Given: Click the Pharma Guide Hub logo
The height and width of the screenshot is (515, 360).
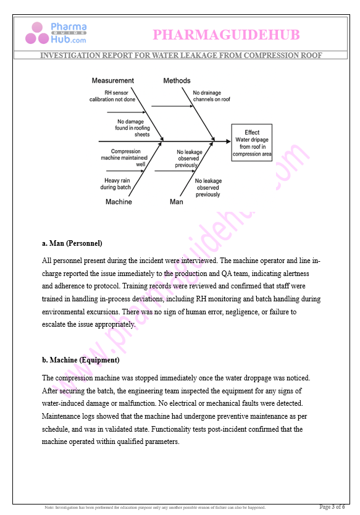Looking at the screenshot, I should click(56, 33).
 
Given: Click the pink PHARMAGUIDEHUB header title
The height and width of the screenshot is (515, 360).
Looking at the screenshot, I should click(225, 34).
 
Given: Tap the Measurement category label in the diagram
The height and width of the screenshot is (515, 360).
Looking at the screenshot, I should click(112, 81).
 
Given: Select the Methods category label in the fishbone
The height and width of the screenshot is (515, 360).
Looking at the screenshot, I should click(177, 81).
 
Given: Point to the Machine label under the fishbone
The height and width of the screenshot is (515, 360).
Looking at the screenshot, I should click(119, 202).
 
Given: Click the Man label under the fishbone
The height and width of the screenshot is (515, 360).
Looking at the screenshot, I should click(176, 202).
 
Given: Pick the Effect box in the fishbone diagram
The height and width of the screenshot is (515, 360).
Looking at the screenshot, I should click(251, 143).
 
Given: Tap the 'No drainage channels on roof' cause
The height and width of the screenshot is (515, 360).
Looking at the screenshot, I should click(211, 96).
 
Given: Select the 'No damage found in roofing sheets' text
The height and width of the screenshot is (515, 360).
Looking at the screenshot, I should click(132, 128).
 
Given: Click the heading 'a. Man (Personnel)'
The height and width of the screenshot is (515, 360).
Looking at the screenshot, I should click(72, 243).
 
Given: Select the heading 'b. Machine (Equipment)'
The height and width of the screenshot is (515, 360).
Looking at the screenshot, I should click(80, 360).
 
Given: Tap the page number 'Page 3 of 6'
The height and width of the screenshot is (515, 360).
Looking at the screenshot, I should click(332, 507).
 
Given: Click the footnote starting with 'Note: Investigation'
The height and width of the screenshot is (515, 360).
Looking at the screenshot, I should click(154, 508).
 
